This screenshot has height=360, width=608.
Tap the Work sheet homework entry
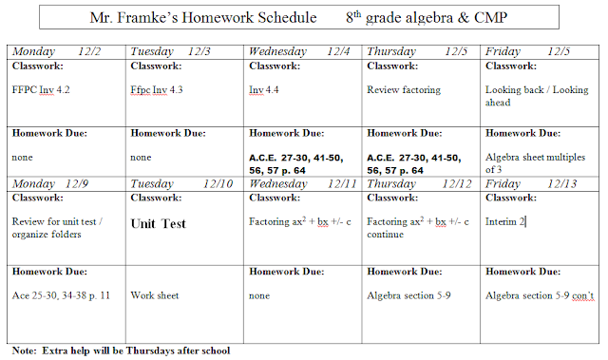pyautogui.click(x=155, y=295)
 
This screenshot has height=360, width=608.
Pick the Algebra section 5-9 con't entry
pyautogui.click(x=540, y=295)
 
